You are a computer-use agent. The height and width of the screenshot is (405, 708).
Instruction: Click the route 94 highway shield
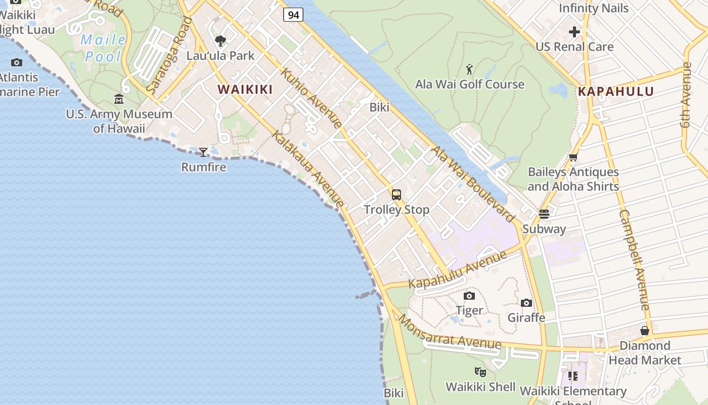tap(293, 15)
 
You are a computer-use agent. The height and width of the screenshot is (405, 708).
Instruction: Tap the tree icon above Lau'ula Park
tap(220, 41)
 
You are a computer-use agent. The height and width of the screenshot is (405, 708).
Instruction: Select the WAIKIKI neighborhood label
tap(245, 90)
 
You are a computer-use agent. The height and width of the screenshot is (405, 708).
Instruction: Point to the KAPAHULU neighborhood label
tap(615, 92)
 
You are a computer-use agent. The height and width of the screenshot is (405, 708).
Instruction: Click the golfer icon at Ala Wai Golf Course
tap(469, 69)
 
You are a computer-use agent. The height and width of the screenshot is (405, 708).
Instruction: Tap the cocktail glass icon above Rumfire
tap(203, 152)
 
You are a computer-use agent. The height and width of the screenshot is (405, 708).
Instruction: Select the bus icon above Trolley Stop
tap(396, 194)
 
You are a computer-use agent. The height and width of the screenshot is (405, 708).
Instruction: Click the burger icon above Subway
tap(544, 214)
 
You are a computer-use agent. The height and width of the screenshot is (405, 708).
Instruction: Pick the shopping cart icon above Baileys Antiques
tap(573, 157)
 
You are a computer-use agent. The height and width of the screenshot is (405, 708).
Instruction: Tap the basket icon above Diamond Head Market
tap(645, 331)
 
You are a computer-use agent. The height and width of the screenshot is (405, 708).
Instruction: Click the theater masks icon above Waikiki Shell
tap(480, 372)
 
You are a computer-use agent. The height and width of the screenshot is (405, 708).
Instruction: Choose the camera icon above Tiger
tap(469, 296)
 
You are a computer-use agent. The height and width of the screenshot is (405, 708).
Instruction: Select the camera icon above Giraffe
tap(526, 303)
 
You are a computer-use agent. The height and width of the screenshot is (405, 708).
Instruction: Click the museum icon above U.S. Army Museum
tap(119, 99)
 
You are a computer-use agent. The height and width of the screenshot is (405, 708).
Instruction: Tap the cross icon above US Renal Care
tap(574, 32)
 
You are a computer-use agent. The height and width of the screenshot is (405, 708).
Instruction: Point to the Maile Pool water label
tap(104, 48)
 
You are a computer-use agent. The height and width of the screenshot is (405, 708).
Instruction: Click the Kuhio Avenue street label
tap(311, 98)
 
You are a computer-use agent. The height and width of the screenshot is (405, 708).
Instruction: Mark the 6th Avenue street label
tap(686, 101)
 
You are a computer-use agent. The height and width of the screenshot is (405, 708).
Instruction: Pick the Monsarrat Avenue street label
tap(449, 334)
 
